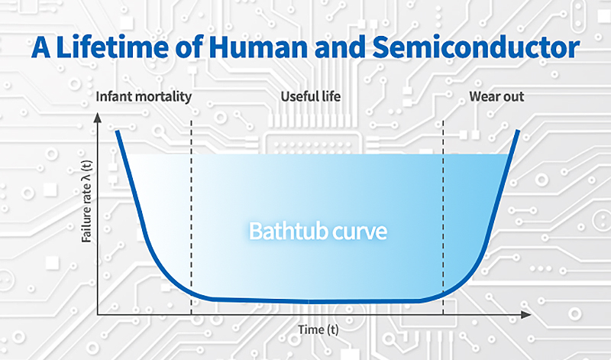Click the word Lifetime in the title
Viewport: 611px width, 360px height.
(112, 47)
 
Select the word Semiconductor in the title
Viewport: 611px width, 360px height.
(476, 47)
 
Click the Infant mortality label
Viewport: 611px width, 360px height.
(144, 97)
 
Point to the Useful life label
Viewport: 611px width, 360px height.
(311, 96)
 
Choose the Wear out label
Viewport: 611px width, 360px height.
(496, 96)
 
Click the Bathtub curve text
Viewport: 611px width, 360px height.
(318, 231)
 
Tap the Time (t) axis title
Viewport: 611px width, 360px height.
(318, 330)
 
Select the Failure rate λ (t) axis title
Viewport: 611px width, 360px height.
(86, 201)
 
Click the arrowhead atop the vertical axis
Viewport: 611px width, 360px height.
(98, 118)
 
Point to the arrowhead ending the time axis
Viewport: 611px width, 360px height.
(526, 314)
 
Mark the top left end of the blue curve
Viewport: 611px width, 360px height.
(117, 131)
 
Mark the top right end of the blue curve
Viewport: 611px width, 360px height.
(519, 130)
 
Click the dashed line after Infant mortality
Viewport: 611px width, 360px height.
(192, 217)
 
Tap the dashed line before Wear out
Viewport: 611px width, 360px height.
(443, 217)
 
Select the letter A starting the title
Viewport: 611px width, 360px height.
(41, 47)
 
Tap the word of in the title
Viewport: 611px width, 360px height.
(189, 47)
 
